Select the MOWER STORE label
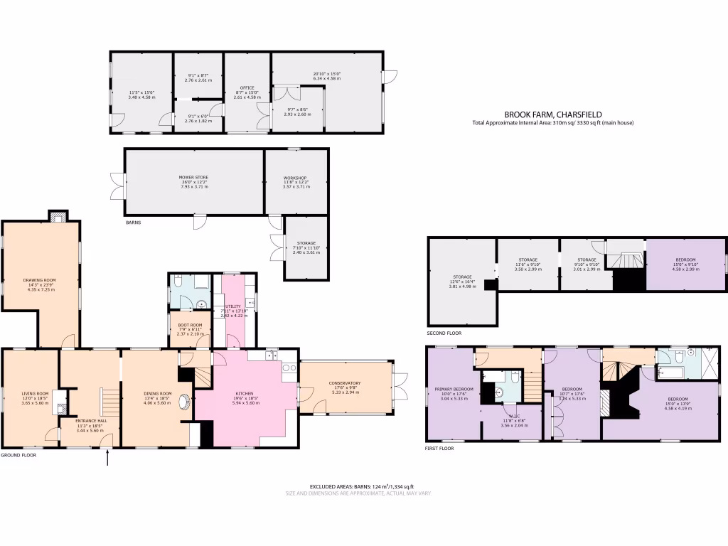[193, 177]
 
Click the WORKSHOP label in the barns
[294, 177]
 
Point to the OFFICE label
[247, 88]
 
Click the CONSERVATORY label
[344, 383]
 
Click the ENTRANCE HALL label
[89, 420]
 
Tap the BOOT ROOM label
[190, 325]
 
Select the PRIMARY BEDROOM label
[453, 389]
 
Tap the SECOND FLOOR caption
[444, 333]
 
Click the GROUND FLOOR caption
[18, 455]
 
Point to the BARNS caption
[133, 223]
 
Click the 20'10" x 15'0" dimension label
[327, 73]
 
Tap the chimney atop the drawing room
[57, 215]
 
